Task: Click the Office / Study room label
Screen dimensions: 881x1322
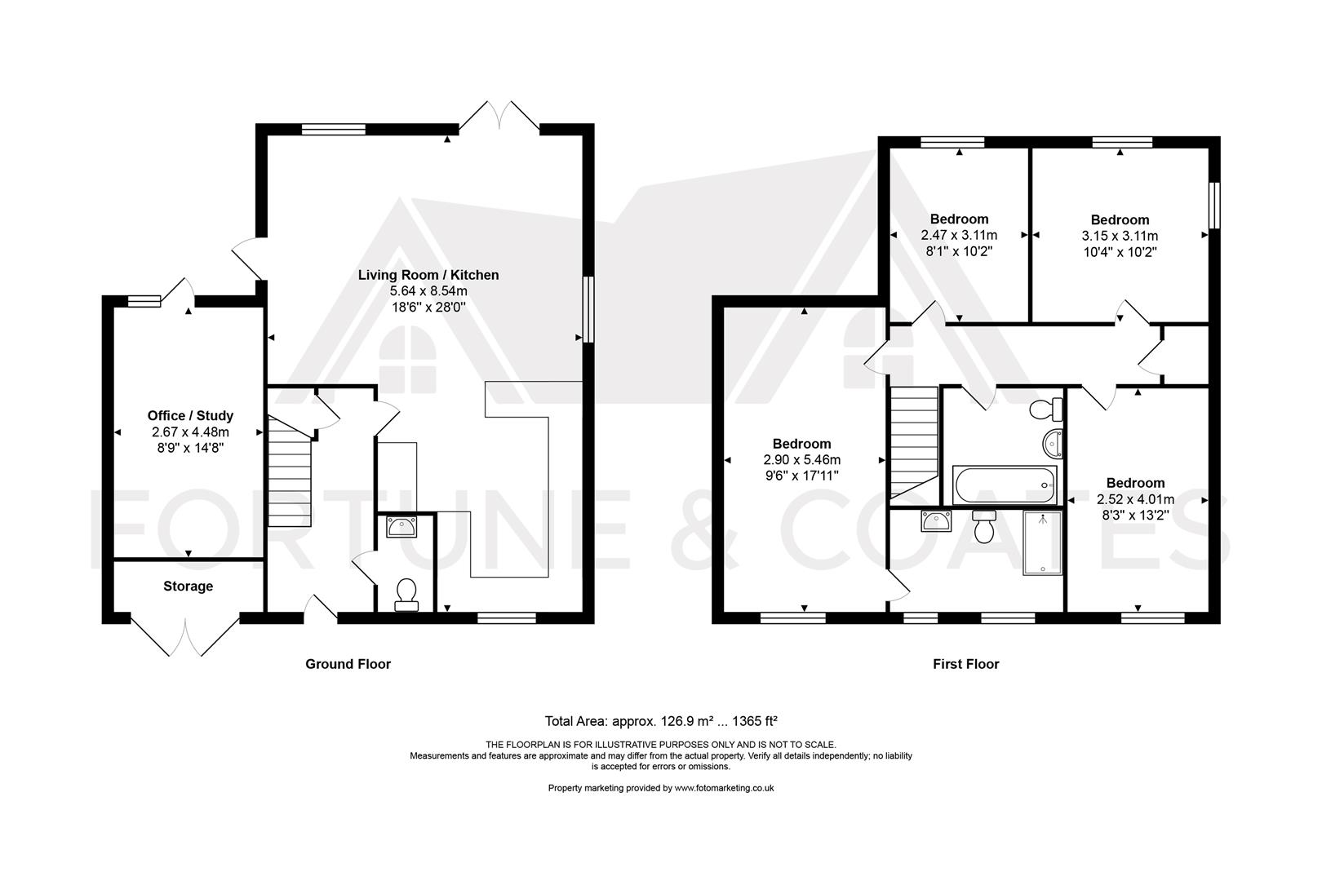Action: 190,415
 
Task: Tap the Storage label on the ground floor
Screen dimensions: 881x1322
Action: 188,586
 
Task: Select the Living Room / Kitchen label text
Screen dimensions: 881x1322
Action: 428,275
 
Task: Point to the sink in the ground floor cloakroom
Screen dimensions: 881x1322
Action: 401,528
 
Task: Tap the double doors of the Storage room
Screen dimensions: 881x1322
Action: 185,636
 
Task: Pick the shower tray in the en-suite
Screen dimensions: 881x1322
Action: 1043,542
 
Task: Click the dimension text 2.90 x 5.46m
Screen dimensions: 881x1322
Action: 801,459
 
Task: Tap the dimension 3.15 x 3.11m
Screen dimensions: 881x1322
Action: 1120,236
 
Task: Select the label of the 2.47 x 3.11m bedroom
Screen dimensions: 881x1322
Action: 959,219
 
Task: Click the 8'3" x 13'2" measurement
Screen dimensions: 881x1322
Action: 1135,515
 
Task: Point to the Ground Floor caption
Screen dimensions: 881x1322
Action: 348,664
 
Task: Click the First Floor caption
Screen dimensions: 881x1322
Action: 965,664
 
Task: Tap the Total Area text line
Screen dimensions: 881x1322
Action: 660,721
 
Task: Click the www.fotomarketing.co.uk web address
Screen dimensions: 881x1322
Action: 724,788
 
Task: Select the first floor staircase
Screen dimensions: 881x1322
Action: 914,440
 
